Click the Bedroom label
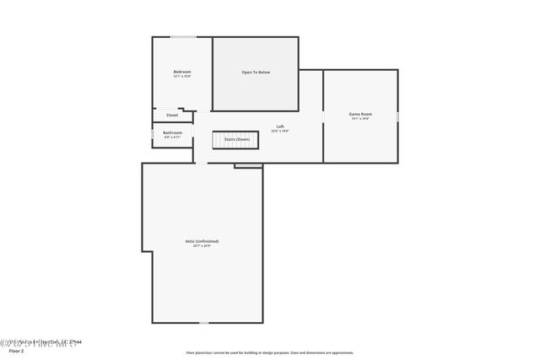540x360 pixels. tap(182, 72)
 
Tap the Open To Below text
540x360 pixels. tap(256, 73)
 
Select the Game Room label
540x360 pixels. tap(360, 114)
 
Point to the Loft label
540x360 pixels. tap(280, 126)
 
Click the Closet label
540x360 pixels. tap(172, 115)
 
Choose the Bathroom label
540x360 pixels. tap(172, 132)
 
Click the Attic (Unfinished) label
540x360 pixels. tap(202, 241)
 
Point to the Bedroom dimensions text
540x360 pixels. tap(182, 77)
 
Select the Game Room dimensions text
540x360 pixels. tap(360, 119)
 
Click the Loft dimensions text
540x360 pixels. tap(280, 132)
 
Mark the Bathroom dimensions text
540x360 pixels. tap(172, 137)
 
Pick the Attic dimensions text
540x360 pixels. tap(202, 246)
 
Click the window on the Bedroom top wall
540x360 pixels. tap(183, 37)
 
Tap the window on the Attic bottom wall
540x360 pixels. tap(203, 322)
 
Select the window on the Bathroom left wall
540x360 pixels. tap(153, 134)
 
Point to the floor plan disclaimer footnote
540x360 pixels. tap(270, 352)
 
